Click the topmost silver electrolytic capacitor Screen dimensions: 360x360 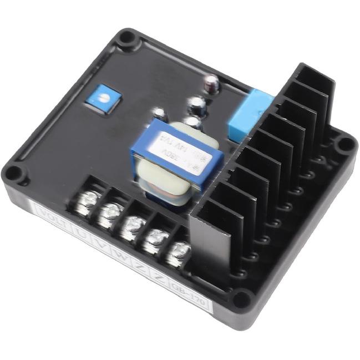211,84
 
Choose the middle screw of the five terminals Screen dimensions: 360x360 133,225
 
